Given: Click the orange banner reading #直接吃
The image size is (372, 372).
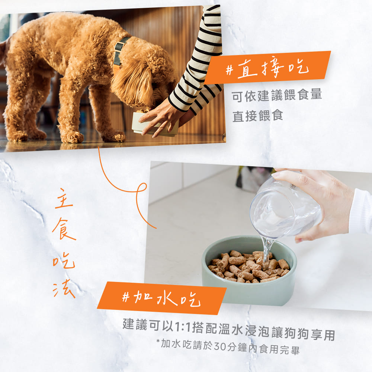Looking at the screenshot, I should coord(267,68).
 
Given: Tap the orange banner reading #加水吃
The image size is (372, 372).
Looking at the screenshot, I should coord(162,298).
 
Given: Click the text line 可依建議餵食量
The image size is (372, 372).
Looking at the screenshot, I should coord(276,96).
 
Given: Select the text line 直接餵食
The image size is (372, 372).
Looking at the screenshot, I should coord(258,116).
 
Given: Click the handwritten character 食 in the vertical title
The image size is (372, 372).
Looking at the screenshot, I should coord(64,229).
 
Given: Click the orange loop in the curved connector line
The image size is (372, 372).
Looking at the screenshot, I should coord(141,188).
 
